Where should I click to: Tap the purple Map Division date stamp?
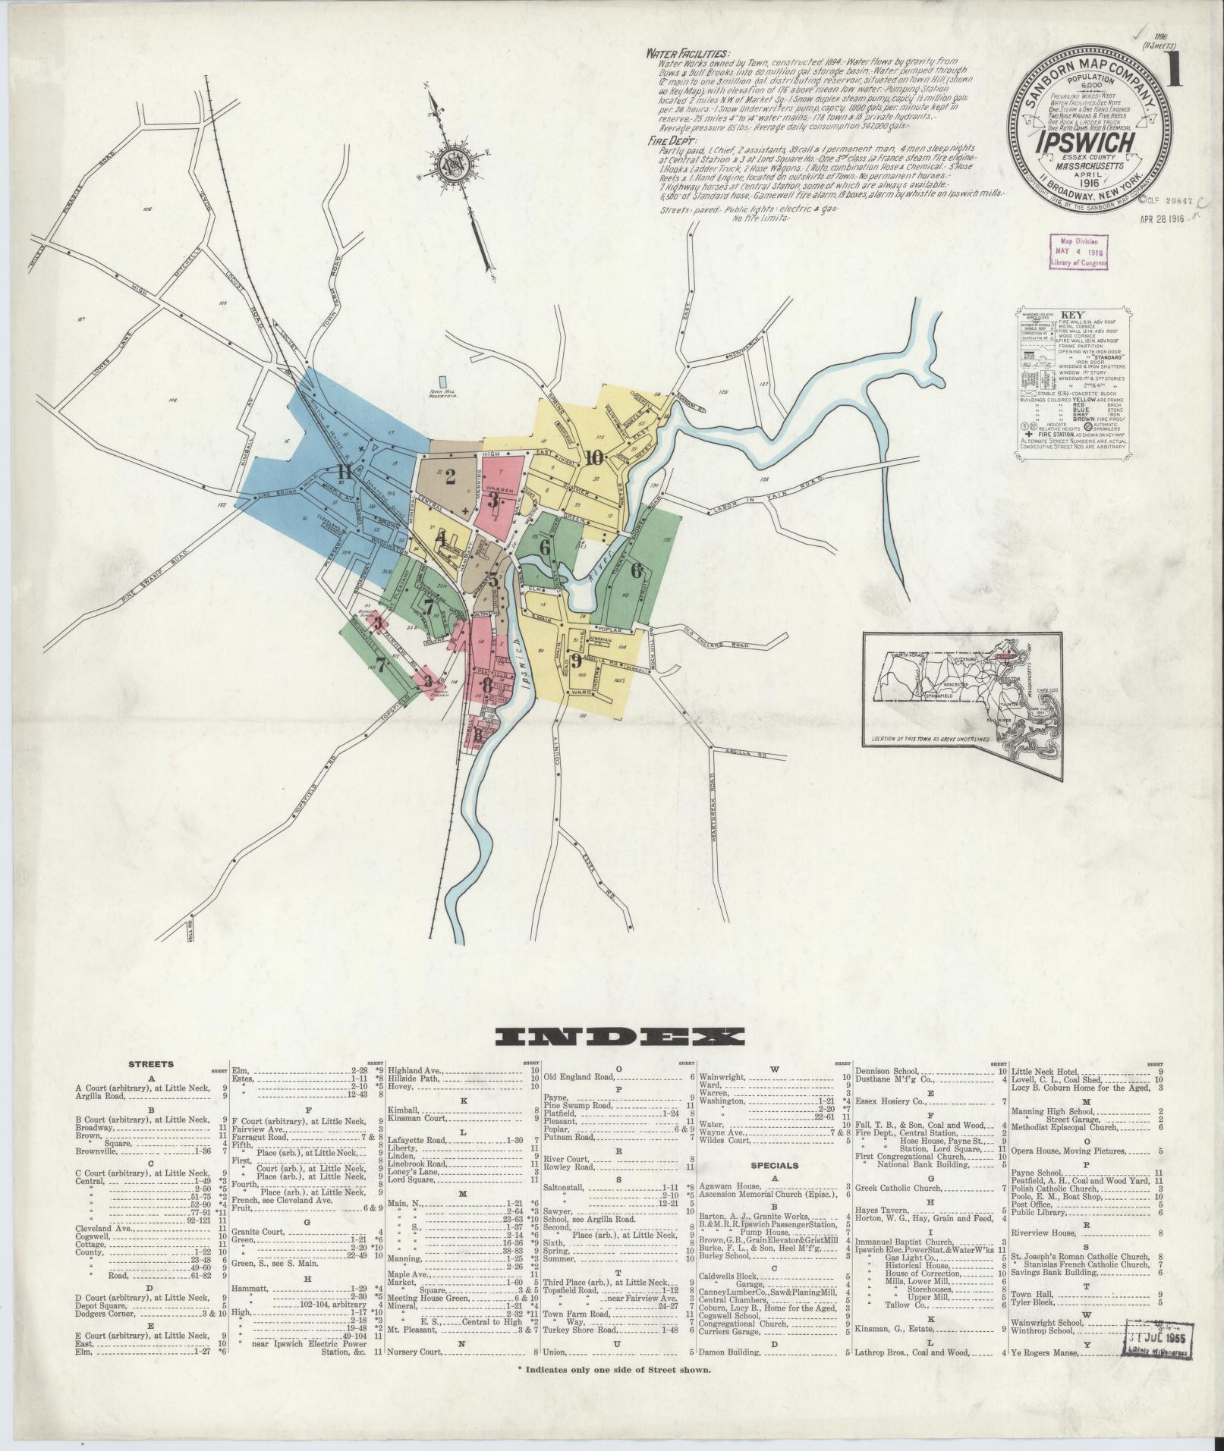click(1078, 250)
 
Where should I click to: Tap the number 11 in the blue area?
click(345, 474)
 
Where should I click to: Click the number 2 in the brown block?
click(450, 477)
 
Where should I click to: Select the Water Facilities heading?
click(688, 54)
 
